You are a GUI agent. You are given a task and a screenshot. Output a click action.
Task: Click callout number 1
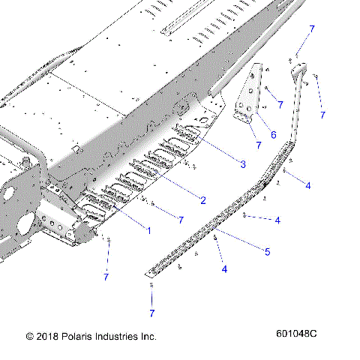[x=148, y=230]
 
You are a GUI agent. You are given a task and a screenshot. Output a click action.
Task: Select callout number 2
[x=202, y=199]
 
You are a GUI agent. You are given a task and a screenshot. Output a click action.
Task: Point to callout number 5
[x=268, y=251]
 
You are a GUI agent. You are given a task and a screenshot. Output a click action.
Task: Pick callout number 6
[x=273, y=135]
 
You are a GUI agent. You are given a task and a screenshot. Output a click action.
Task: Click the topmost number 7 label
[x=311, y=28]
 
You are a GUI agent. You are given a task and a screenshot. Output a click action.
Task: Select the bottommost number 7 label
[x=151, y=312]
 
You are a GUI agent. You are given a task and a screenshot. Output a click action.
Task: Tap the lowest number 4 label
[x=223, y=268]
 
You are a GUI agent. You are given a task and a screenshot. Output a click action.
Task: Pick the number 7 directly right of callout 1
[x=180, y=219]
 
